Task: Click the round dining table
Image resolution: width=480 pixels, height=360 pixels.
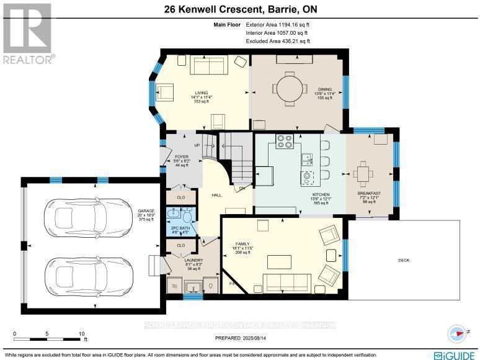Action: point(288,86)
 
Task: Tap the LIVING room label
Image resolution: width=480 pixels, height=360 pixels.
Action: point(200,93)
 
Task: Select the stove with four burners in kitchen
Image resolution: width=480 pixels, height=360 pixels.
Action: point(284,142)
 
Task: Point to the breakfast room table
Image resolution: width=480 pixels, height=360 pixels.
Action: point(362,172)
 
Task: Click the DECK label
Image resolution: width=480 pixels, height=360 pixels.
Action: point(404,260)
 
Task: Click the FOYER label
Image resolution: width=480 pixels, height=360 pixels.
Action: point(181,156)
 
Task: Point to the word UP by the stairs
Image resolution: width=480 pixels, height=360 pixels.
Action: point(198,145)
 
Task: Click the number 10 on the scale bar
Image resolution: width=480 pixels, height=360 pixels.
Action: point(81,334)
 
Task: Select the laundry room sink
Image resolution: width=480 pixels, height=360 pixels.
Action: point(193,287)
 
